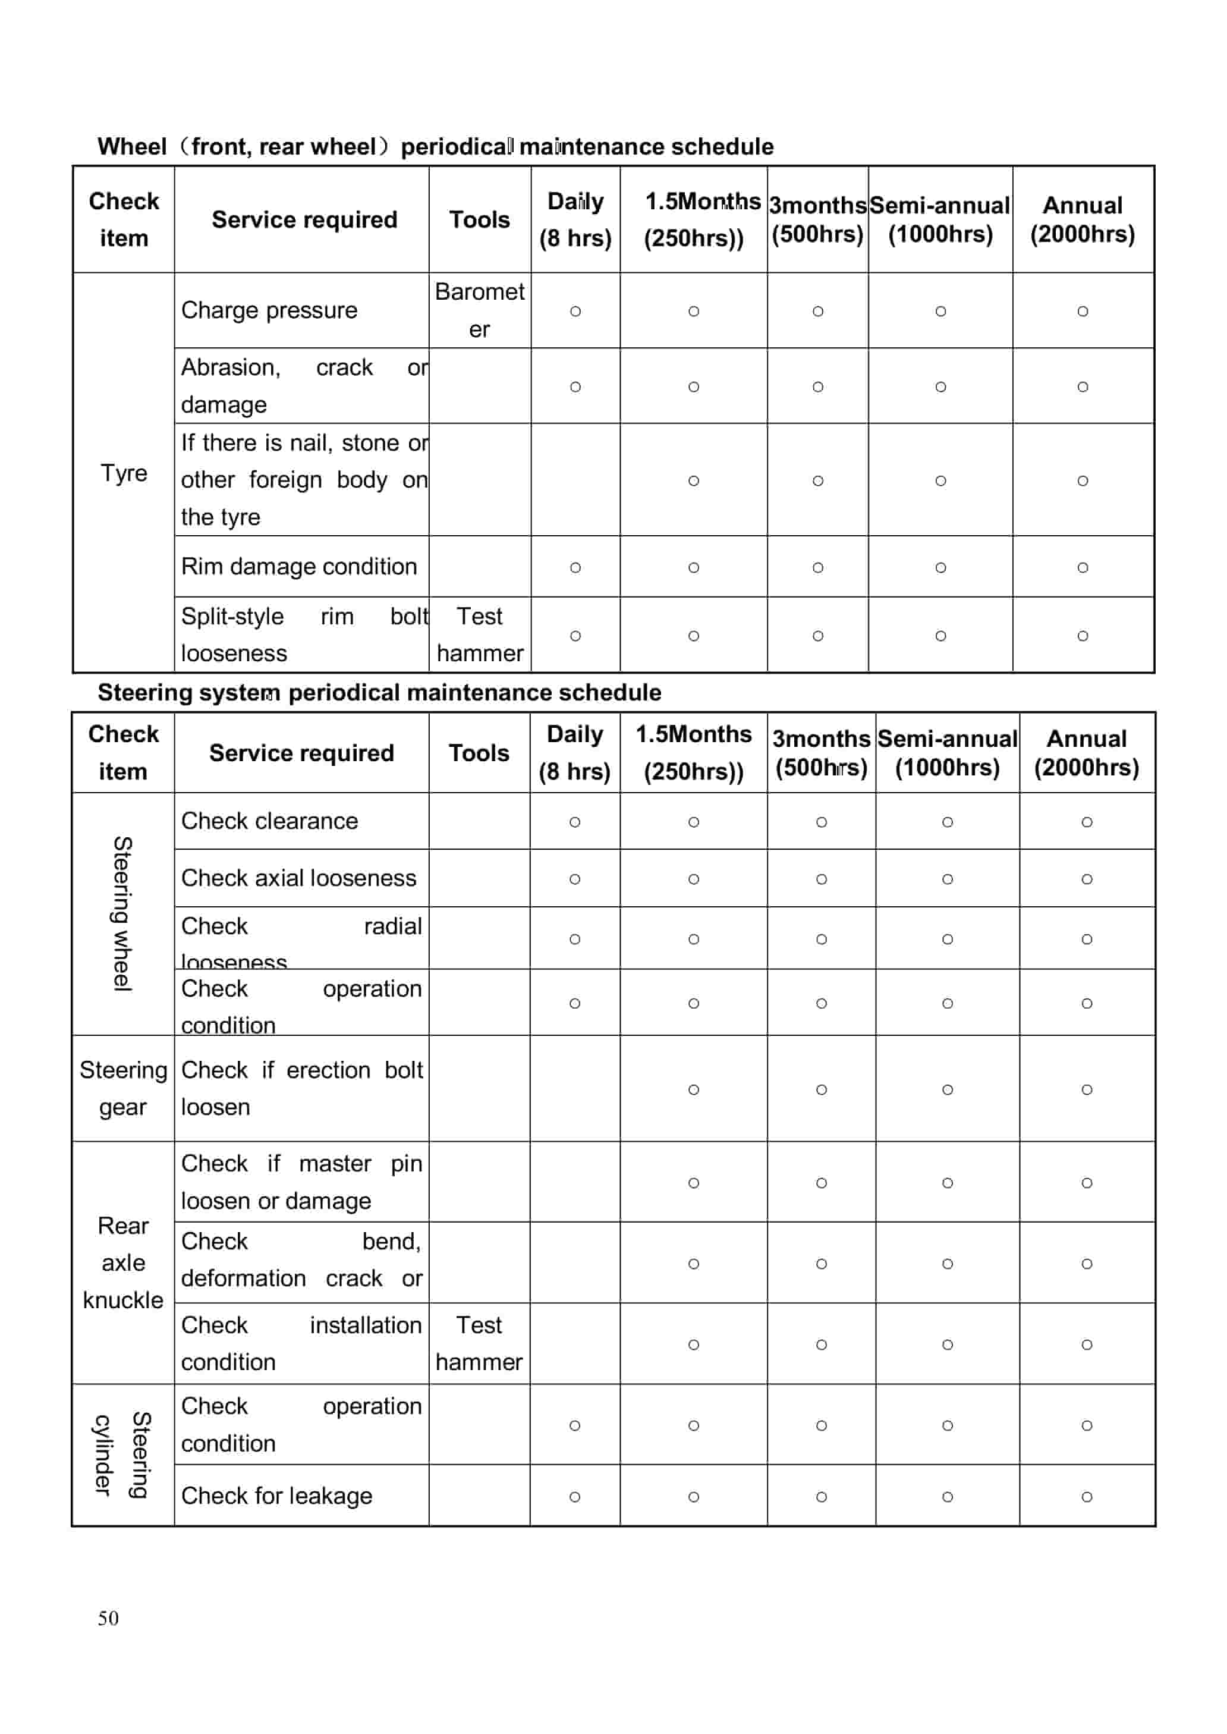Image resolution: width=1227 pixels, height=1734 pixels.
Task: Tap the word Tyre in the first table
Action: click(x=124, y=473)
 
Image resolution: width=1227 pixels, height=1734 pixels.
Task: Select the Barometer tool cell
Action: click(x=479, y=310)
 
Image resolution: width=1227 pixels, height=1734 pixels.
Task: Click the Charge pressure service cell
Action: click(x=269, y=310)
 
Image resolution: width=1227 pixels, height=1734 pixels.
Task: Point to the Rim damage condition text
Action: click(x=298, y=566)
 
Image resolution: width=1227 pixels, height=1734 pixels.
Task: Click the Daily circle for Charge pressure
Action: click(x=575, y=311)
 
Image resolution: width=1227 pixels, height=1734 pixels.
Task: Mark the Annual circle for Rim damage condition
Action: click(x=1082, y=567)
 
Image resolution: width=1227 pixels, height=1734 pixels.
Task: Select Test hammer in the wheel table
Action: click(x=479, y=634)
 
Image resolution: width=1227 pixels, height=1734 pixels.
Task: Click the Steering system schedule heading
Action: click(x=379, y=692)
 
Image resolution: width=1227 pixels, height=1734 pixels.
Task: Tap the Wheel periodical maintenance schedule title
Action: click(x=435, y=146)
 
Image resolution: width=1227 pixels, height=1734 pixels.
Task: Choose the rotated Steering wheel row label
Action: click(x=122, y=913)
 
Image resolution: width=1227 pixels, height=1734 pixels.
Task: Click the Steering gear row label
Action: click(x=123, y=1088)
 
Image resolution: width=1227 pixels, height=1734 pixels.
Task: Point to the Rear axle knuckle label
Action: click(x=123, y=1262)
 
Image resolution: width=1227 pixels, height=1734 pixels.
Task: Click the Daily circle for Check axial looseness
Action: click(x=574, y=879)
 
